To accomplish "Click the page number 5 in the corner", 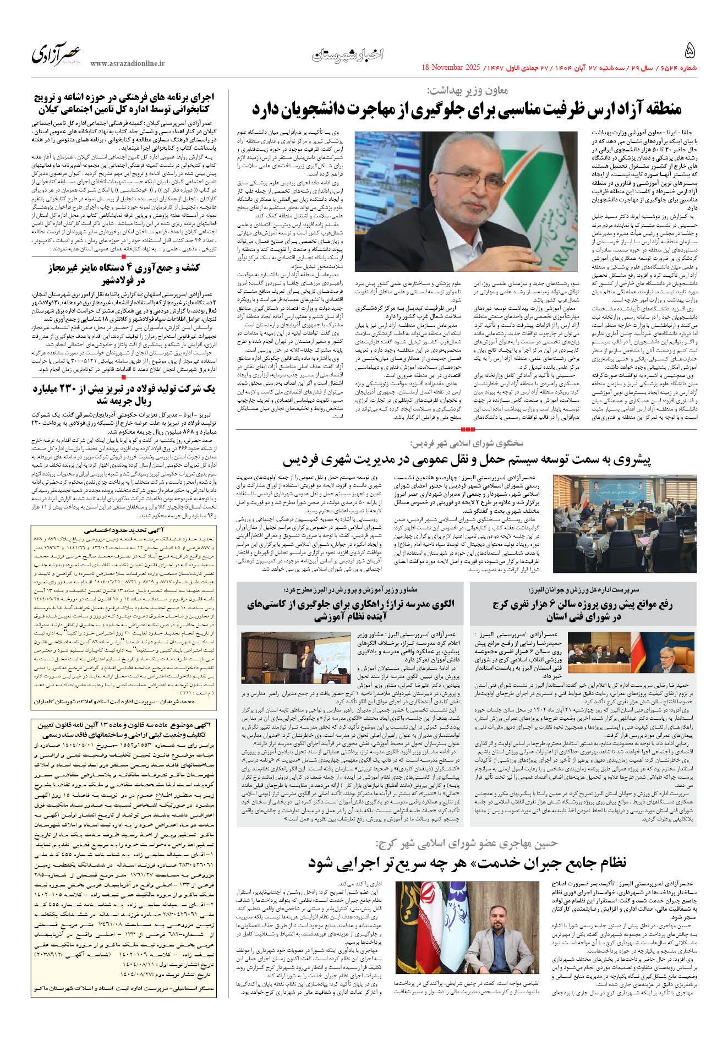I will (x=689, y=51).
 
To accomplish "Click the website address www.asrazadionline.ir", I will (x=128, y=64).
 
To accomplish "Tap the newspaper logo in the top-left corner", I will (x=56, y=54).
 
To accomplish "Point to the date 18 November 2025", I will (x=451, y=68).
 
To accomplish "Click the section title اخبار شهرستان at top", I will (x=348, y=55).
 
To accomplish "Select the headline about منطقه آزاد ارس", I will (x=467, y=109).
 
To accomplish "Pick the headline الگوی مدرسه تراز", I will (x=351, y=610).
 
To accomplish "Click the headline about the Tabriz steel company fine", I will (x=124, y=395).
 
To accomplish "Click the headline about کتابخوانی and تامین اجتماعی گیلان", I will (x=124, y=103).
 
